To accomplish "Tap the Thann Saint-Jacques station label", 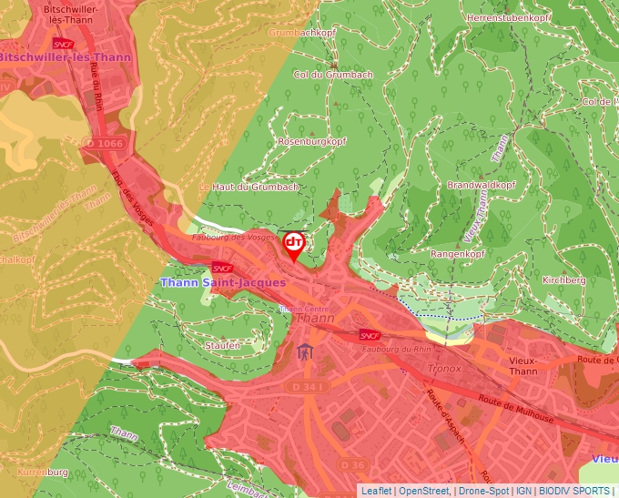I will [x=223, y=282].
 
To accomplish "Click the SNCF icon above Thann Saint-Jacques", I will [x=222, y=268].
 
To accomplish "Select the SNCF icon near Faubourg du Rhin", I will [x=369, y=334].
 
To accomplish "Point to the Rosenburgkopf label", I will [x=312, y=142].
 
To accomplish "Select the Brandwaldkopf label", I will [x=482, y=185].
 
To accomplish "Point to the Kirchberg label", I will [x=563, y=280].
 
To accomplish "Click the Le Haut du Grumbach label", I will [x=249, y=188].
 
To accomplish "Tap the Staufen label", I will [x=223, y=345].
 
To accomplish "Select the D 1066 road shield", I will [x=102, y=143].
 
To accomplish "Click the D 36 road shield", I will [x=353, y=464].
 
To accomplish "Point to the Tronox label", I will [x=444, y=369].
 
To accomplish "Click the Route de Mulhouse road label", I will [x=515, y=409].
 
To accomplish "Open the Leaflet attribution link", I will [x=376, y=491].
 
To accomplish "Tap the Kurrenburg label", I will [x=42, y=473].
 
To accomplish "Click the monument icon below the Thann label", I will [x=303, y=351].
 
